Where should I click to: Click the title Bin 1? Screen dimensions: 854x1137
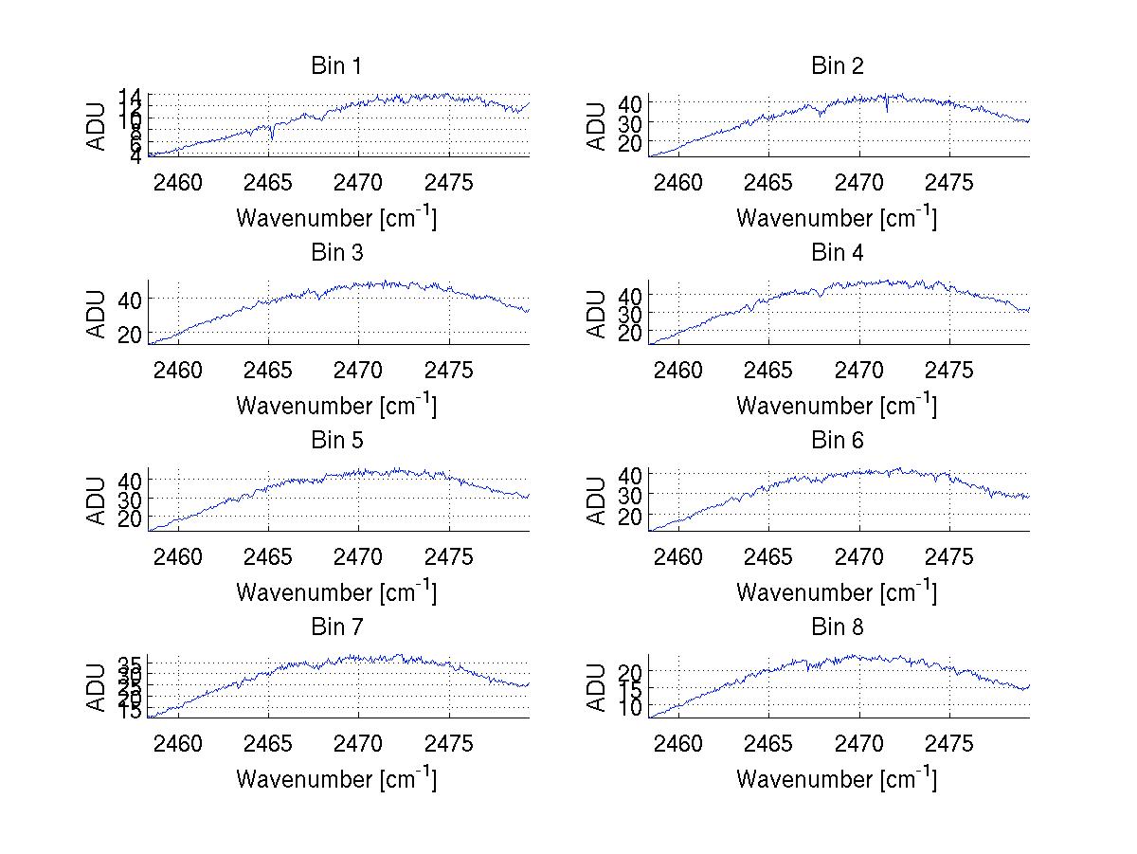336,66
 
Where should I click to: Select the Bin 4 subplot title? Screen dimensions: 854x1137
838,253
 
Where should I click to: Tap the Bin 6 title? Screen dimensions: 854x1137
838,440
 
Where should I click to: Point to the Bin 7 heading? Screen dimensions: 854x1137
336,627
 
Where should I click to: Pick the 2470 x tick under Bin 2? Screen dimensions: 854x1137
859,183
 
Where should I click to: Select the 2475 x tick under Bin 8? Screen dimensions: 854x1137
948,744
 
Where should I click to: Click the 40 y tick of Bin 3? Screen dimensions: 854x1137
130,299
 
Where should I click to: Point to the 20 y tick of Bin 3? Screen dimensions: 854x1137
130,335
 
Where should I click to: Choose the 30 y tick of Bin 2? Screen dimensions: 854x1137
630,122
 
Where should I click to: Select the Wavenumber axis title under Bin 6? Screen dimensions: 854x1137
837,592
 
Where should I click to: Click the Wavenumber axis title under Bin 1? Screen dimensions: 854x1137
336,217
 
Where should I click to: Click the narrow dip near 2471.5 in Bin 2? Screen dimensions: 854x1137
886,110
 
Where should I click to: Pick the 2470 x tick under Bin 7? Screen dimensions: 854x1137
359,744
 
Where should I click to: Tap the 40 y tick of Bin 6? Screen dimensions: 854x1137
630,474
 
